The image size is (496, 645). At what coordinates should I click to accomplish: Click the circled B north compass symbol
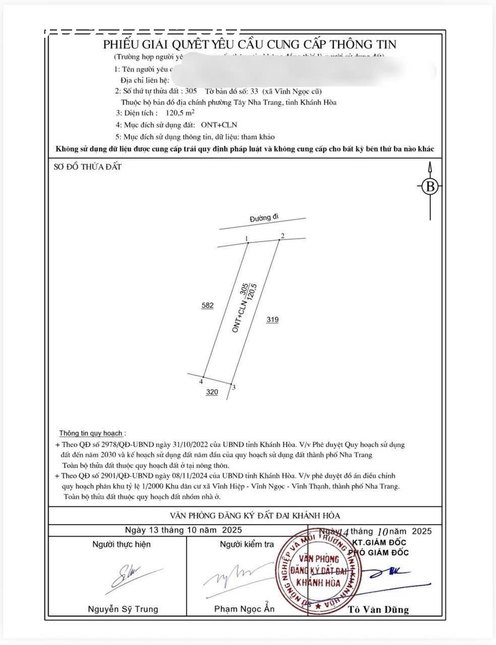coord(430,186)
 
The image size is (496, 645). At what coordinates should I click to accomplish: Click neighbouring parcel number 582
coord(207,305)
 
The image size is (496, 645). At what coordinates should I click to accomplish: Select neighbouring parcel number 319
coord(272,319)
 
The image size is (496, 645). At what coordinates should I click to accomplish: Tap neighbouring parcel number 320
coord(212,392)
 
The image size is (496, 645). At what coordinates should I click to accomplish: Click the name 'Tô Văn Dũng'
coord(378,610)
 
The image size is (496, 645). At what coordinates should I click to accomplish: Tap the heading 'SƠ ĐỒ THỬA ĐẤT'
coord(87,167)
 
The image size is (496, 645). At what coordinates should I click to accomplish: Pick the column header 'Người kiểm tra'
coord(247,544)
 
